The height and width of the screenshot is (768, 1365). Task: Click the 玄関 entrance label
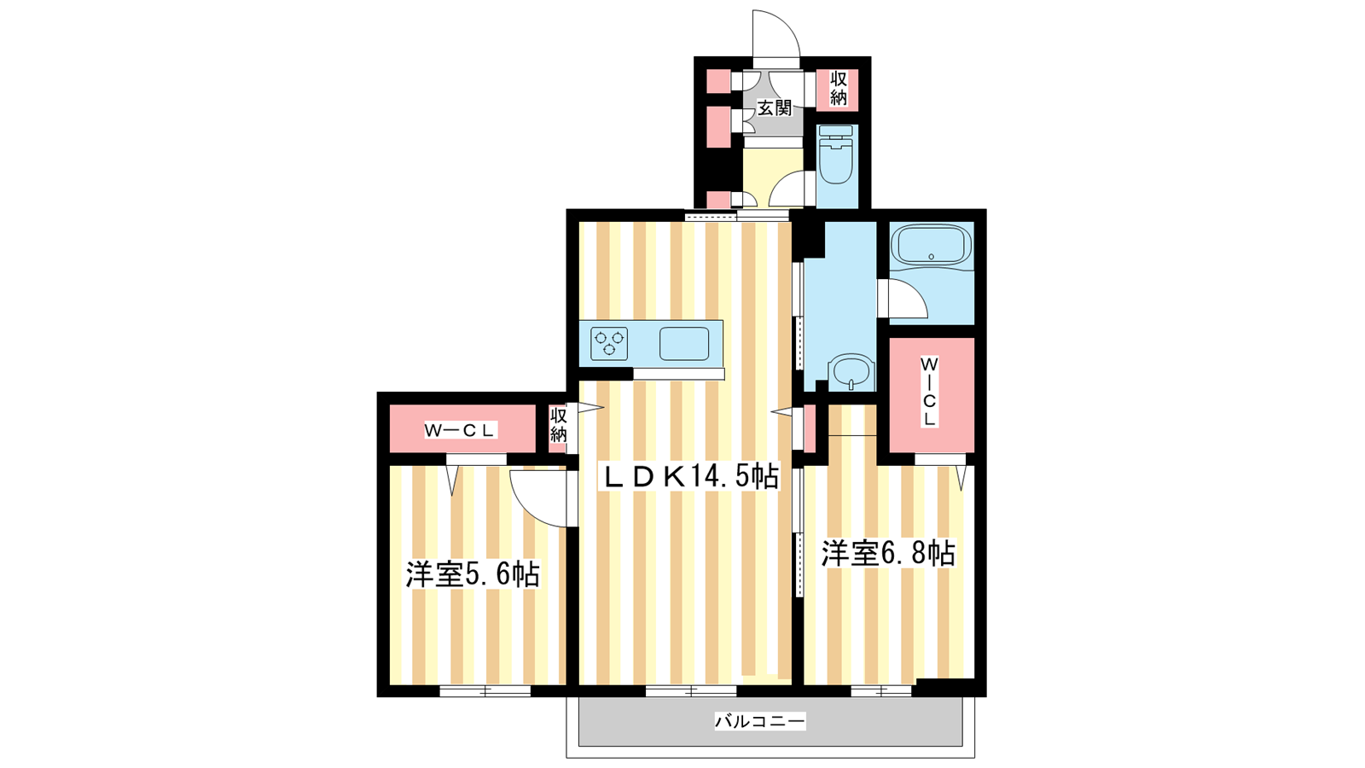[774, 108]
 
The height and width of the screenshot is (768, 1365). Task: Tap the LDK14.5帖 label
[691, 476]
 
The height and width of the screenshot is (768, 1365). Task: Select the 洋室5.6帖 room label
[473, 574]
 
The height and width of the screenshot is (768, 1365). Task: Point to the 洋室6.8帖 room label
[888, 553]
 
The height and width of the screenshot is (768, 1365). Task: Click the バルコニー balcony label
[760, 721]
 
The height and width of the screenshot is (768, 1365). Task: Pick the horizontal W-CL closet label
[459, 430]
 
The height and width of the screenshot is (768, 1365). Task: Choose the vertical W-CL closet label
[929, 392]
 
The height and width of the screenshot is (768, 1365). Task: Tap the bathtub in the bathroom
[931, 246]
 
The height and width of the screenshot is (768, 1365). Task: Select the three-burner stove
[609, 344]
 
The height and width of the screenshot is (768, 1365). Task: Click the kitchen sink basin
[684, 344]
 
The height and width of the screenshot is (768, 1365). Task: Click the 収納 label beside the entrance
[839, 89]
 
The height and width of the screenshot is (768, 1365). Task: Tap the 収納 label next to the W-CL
[558, 426]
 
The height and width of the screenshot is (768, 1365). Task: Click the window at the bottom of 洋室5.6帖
[485, 691]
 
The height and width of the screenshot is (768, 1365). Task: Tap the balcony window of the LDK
[691, 691]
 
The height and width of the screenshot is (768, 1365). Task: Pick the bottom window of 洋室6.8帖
[881, 691]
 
